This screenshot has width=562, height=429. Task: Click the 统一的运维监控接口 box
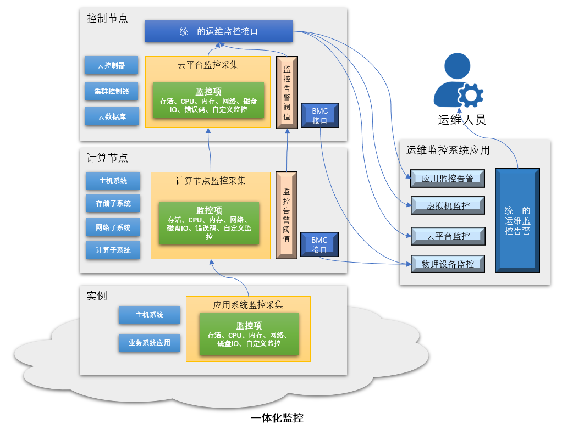point(219,31)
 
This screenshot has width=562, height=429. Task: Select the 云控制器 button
point(112,65)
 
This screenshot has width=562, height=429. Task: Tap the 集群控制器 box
point(112,91)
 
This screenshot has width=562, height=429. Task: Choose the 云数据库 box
point(112,116)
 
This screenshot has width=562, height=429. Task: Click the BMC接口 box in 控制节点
point(320,116)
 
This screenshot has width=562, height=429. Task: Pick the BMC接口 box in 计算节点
point(319,244)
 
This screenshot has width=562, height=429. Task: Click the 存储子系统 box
point(113,203)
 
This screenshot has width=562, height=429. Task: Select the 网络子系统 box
point(113,227)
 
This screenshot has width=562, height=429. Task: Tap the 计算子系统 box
point(113,249)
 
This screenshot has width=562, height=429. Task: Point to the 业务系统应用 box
point(150,343)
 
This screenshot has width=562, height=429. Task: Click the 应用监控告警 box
point(448,179)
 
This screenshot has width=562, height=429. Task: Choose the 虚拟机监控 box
point(448,205)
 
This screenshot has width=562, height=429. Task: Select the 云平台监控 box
point(448,236)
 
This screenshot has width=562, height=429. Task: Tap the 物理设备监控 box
point(448,264)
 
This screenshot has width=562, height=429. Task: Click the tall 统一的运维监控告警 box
point(517,221)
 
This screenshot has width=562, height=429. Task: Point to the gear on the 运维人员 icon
point(471,95)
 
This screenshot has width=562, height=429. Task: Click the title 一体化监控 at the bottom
point(277,418)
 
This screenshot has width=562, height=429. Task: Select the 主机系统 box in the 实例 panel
point(150,315)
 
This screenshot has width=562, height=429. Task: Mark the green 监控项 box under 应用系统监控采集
point(249,334)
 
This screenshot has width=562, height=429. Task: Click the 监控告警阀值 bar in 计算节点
point(286,215)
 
